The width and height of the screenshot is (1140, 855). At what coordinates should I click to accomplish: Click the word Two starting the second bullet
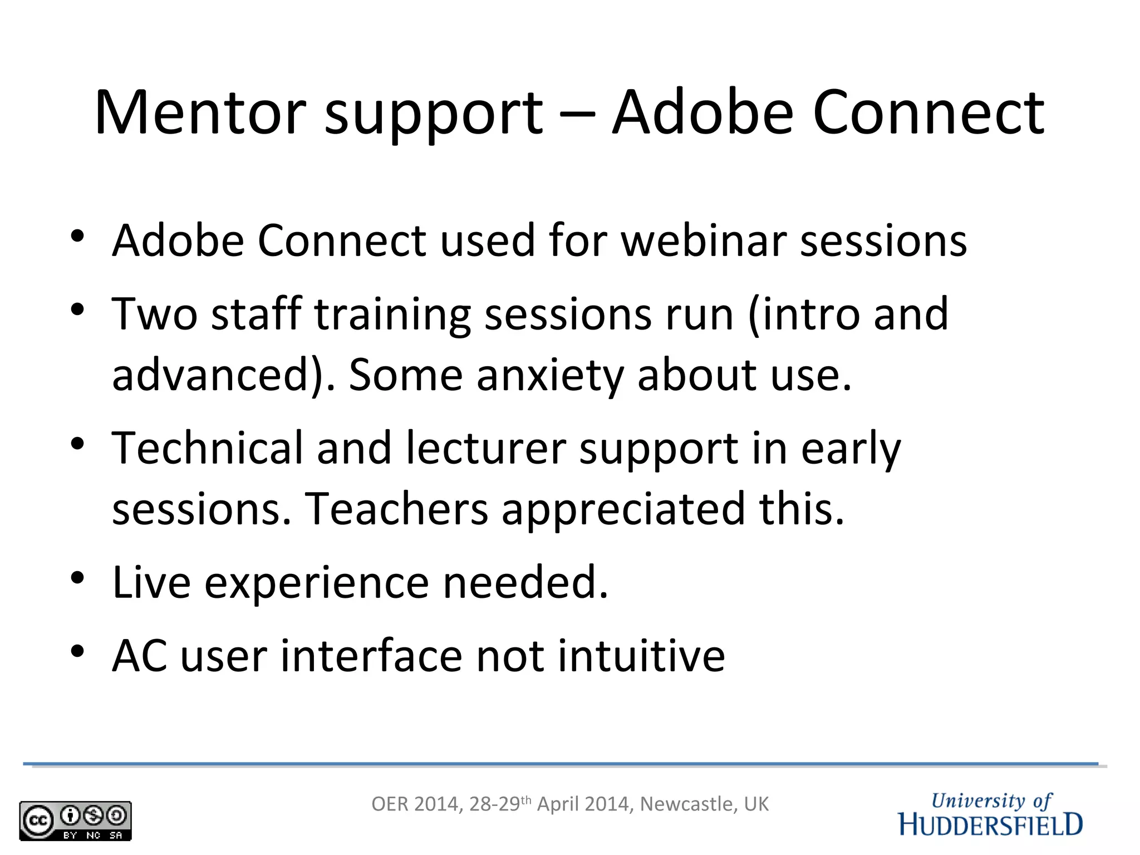[x=155, y=315]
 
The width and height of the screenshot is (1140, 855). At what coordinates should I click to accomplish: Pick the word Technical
[x=207, y=448]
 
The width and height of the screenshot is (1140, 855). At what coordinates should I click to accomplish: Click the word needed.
[x=525, y=582]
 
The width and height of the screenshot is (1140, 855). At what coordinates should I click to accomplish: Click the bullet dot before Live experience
[x=77, y=577]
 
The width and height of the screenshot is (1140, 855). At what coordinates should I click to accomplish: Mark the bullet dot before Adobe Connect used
[x=77, y=236]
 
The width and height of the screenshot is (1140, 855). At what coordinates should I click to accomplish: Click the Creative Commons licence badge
[x=75, y=820]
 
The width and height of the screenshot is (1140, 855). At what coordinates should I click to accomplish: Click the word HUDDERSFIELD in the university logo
[x=990, y=825]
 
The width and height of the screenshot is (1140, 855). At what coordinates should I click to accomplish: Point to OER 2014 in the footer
[x=415, y=804]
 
